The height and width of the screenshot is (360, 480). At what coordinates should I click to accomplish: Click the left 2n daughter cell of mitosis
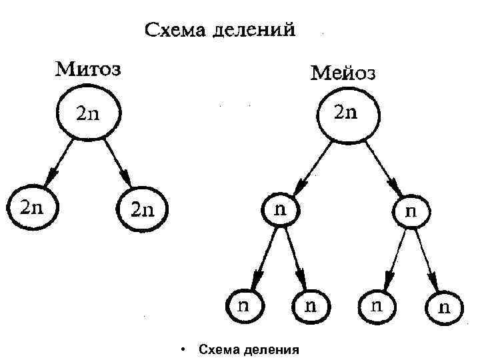pyautogui.click(x=32, y=207)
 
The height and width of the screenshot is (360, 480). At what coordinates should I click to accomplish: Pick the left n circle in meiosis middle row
pyautogui.click(x=282, y=209)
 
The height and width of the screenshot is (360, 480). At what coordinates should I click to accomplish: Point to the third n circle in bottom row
pyautogui.click(x=377, y=306)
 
